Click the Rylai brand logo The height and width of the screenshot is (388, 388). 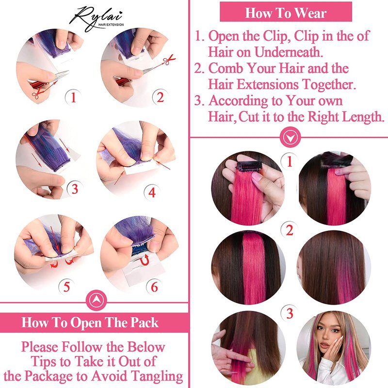click(97, 18)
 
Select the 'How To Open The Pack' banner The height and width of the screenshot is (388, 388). click(90, 323)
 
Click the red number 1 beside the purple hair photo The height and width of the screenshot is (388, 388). click(73, 97)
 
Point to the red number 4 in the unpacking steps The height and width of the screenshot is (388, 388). click(152, 192)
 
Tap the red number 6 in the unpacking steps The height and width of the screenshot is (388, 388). click(154, 287)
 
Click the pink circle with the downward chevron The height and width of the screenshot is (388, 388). click(290, 136)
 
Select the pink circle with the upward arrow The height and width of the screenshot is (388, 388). click(96, 300)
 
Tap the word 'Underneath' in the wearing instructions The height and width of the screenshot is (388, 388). click(289, 52)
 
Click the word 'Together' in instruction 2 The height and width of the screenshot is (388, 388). click(329, 84)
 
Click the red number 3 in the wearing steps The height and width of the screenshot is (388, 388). click(290, 313)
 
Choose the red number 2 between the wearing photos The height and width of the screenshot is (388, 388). click(290, 230)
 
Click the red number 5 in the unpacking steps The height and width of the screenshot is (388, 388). click(66, 287)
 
